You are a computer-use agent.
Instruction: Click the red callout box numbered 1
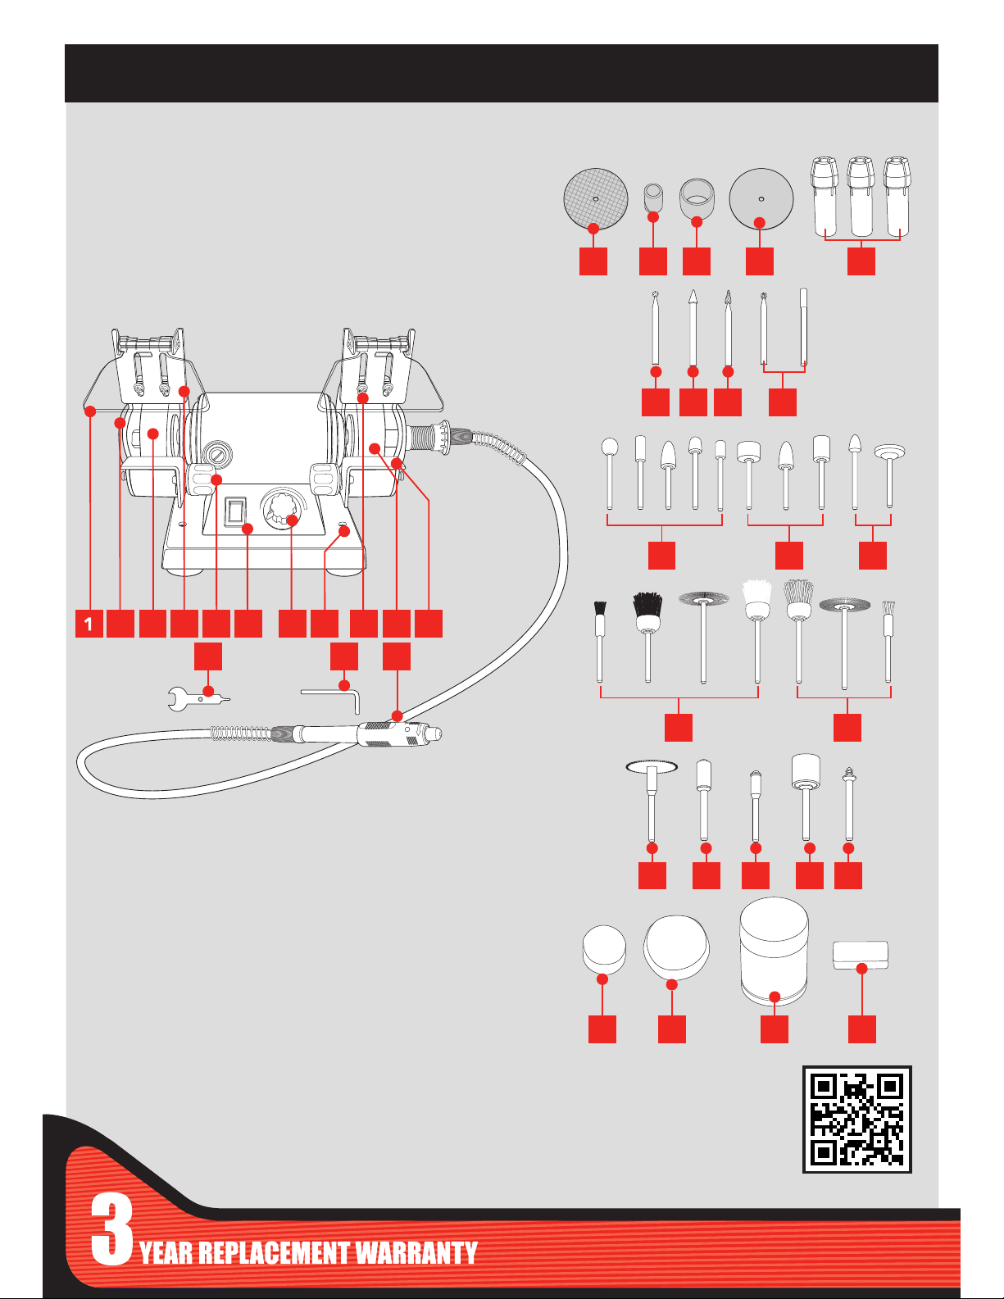pos(89,624)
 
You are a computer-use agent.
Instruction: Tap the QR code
pos(856,1119)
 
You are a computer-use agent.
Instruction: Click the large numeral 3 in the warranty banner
pos(112,1229)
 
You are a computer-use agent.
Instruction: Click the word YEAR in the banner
pos(166,1253)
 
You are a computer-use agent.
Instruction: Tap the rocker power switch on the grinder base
pos(237,511)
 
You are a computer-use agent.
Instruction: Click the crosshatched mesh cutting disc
pos(596,198)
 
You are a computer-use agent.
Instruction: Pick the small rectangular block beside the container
pos(861,955)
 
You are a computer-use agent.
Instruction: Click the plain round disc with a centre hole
pos(761,198)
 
